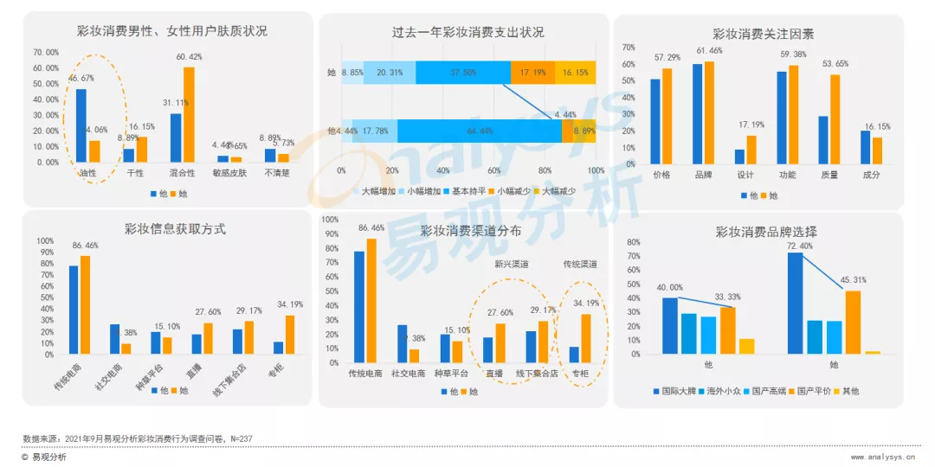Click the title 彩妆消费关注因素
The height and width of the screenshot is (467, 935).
[763, 34]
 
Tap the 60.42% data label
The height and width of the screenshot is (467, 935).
[189, 57]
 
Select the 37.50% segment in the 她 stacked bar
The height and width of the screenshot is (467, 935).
[463, 73]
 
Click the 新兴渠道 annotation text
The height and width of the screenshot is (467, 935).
[513, 265]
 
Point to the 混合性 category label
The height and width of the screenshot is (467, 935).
[183, 172]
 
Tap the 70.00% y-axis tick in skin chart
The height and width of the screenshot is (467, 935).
[46, 38]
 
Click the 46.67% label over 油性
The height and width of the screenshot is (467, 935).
[81, 78]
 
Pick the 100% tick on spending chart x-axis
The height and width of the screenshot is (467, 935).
[596, 170]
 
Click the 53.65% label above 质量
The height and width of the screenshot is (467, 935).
[835, 64]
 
